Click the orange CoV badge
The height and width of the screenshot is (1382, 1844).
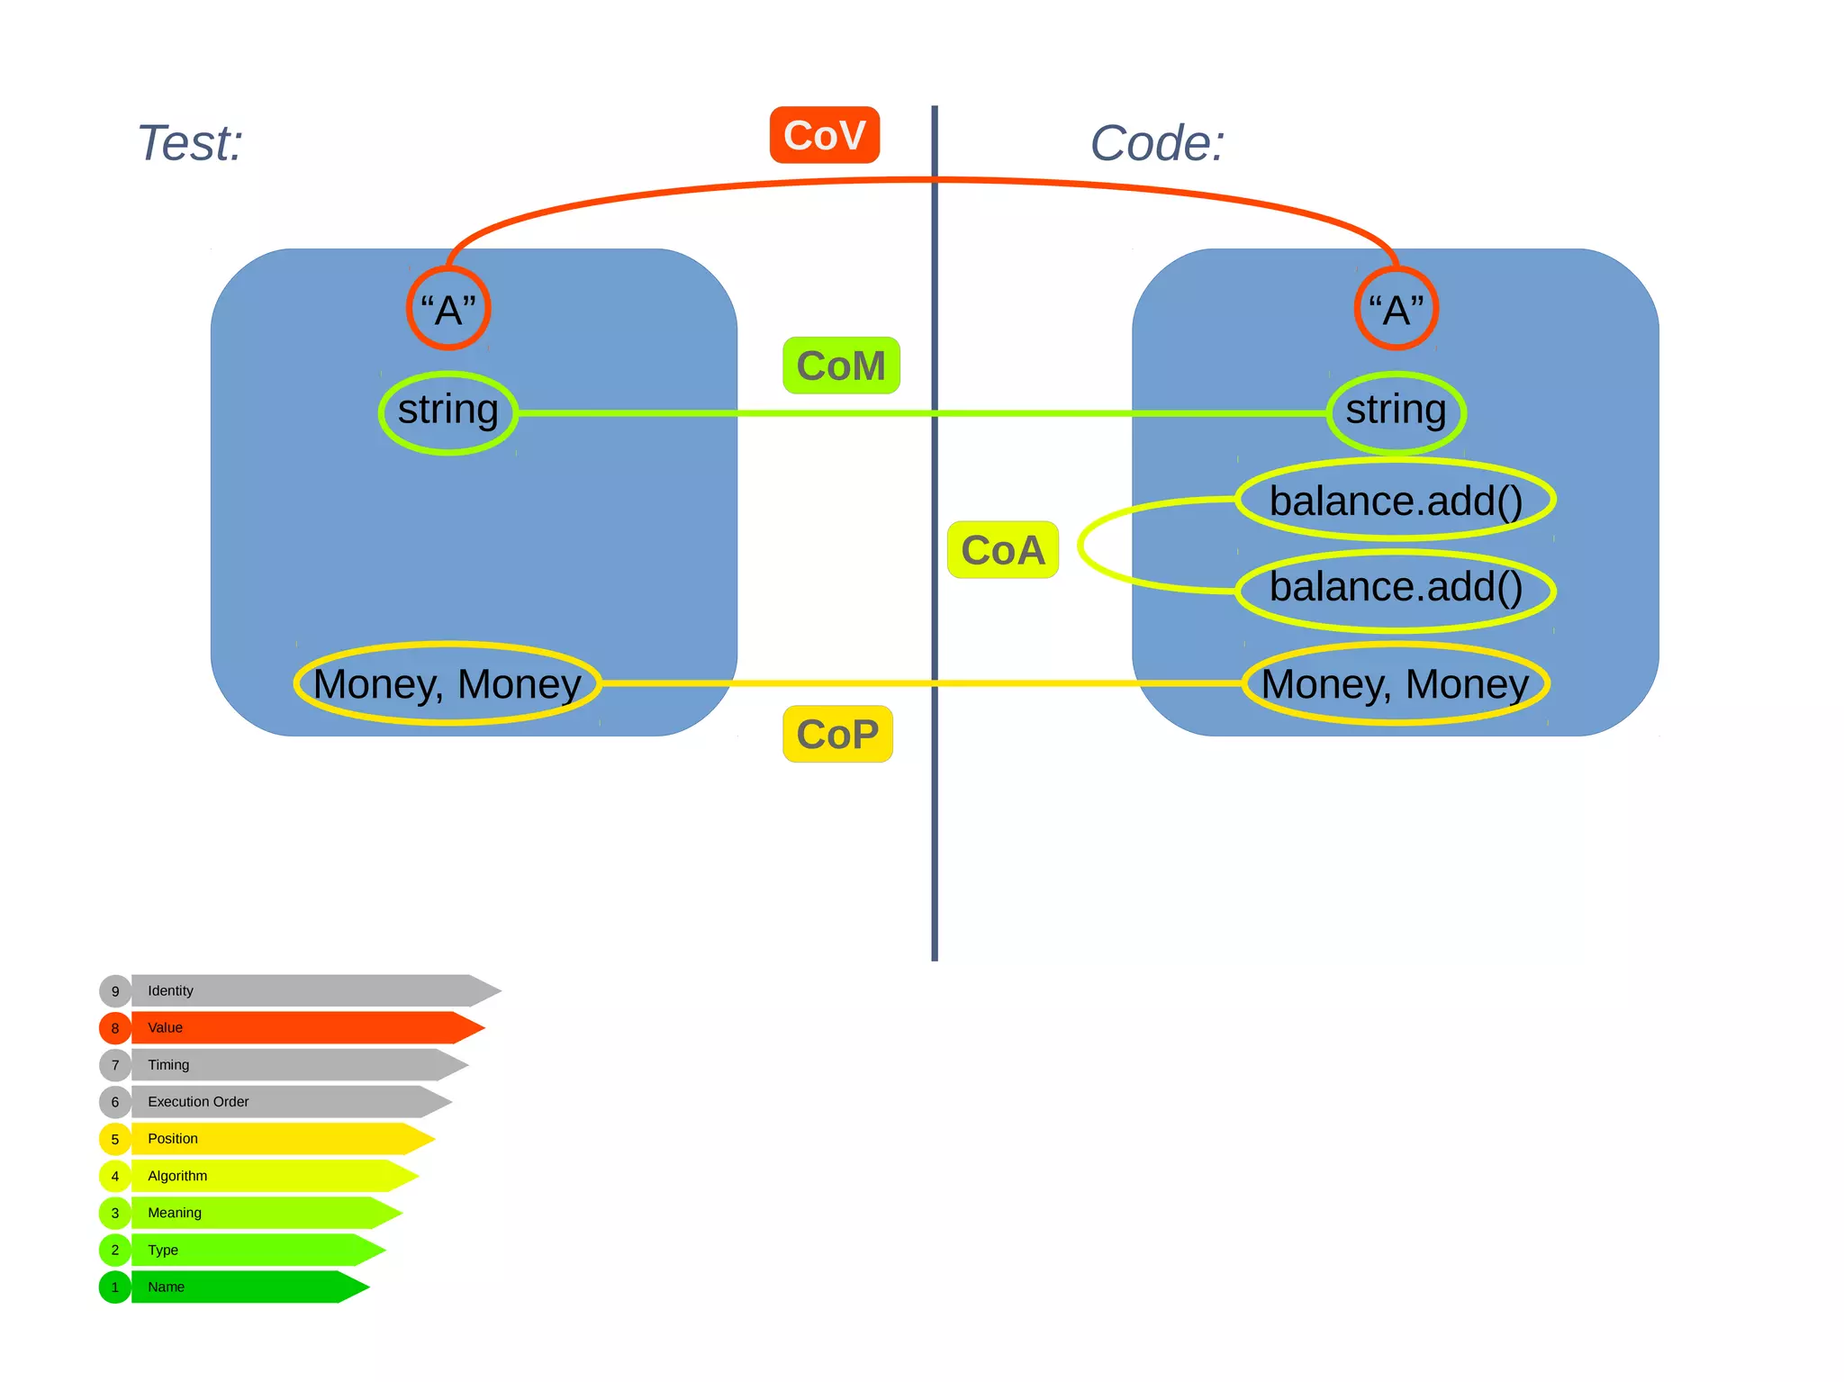[824, 135]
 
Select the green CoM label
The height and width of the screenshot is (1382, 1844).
[841, 366]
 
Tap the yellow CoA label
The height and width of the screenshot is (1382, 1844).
[1002, 550]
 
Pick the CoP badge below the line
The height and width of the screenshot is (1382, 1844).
[837, 734]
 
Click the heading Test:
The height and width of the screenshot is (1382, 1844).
[190, 143]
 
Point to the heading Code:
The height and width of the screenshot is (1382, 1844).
[1157, 143]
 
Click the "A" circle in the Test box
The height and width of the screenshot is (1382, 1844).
[448, 309]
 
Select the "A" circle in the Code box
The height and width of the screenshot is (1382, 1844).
[1396, 309]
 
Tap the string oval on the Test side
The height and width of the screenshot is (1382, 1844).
[448, 411]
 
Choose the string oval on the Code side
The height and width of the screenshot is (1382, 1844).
[1396, 411]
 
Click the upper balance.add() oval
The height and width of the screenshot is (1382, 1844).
[1396, 500]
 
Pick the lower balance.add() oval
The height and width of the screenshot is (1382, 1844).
[1396, 589]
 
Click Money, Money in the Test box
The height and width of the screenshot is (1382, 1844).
[447, 683]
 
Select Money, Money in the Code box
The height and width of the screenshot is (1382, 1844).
[1396, 683]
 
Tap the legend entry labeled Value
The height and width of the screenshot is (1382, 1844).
[297, 1027]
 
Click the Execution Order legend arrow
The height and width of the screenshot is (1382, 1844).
[288, 1101]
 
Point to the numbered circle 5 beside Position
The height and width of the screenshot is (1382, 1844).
[115, 1139]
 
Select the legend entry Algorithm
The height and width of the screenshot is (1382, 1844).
[270, 1176]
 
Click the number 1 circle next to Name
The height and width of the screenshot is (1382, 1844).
[115, 1287]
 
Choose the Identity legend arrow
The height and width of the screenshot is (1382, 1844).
[306, 990]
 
